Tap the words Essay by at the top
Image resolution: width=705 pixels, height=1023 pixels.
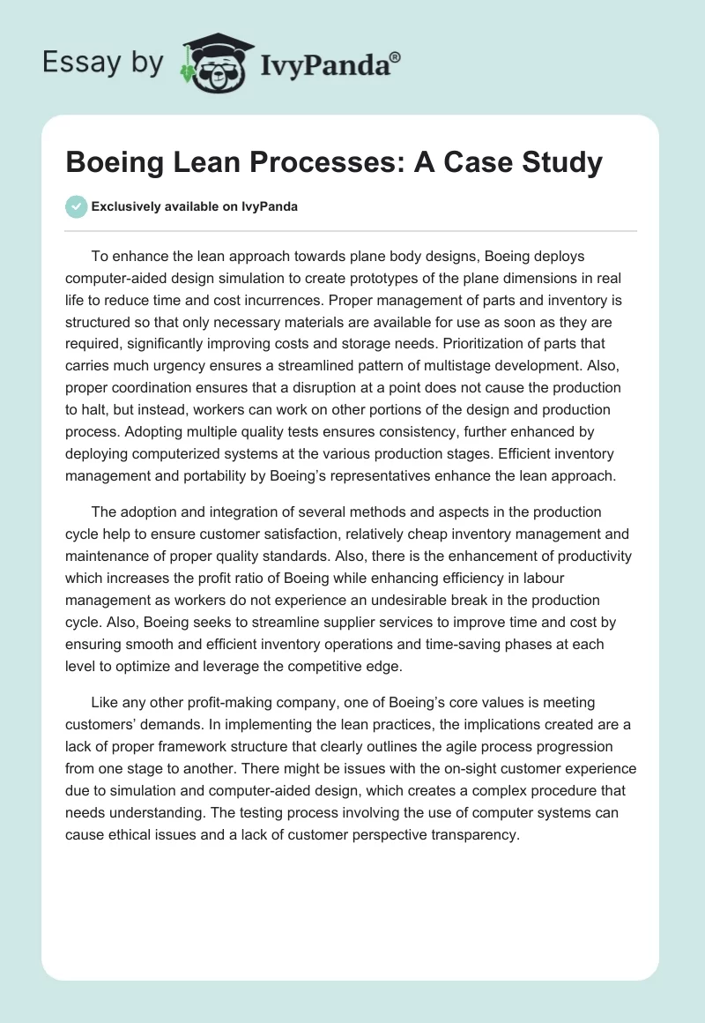[x=104, y=63]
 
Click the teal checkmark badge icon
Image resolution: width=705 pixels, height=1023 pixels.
[x=76, y=206]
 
